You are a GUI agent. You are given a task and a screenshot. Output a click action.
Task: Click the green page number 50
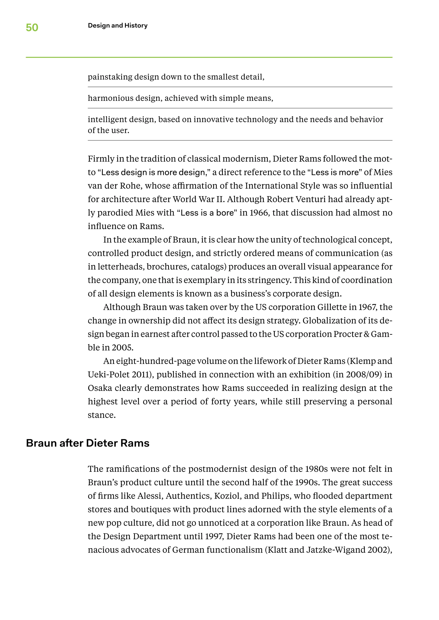[32, 28]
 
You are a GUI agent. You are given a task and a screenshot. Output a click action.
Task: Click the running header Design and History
[118, 26]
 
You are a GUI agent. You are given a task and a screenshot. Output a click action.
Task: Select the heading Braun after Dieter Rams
[88, 443]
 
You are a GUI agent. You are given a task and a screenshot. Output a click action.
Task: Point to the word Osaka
[100, 388]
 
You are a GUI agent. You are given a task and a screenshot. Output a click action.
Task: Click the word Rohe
[130, 186]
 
